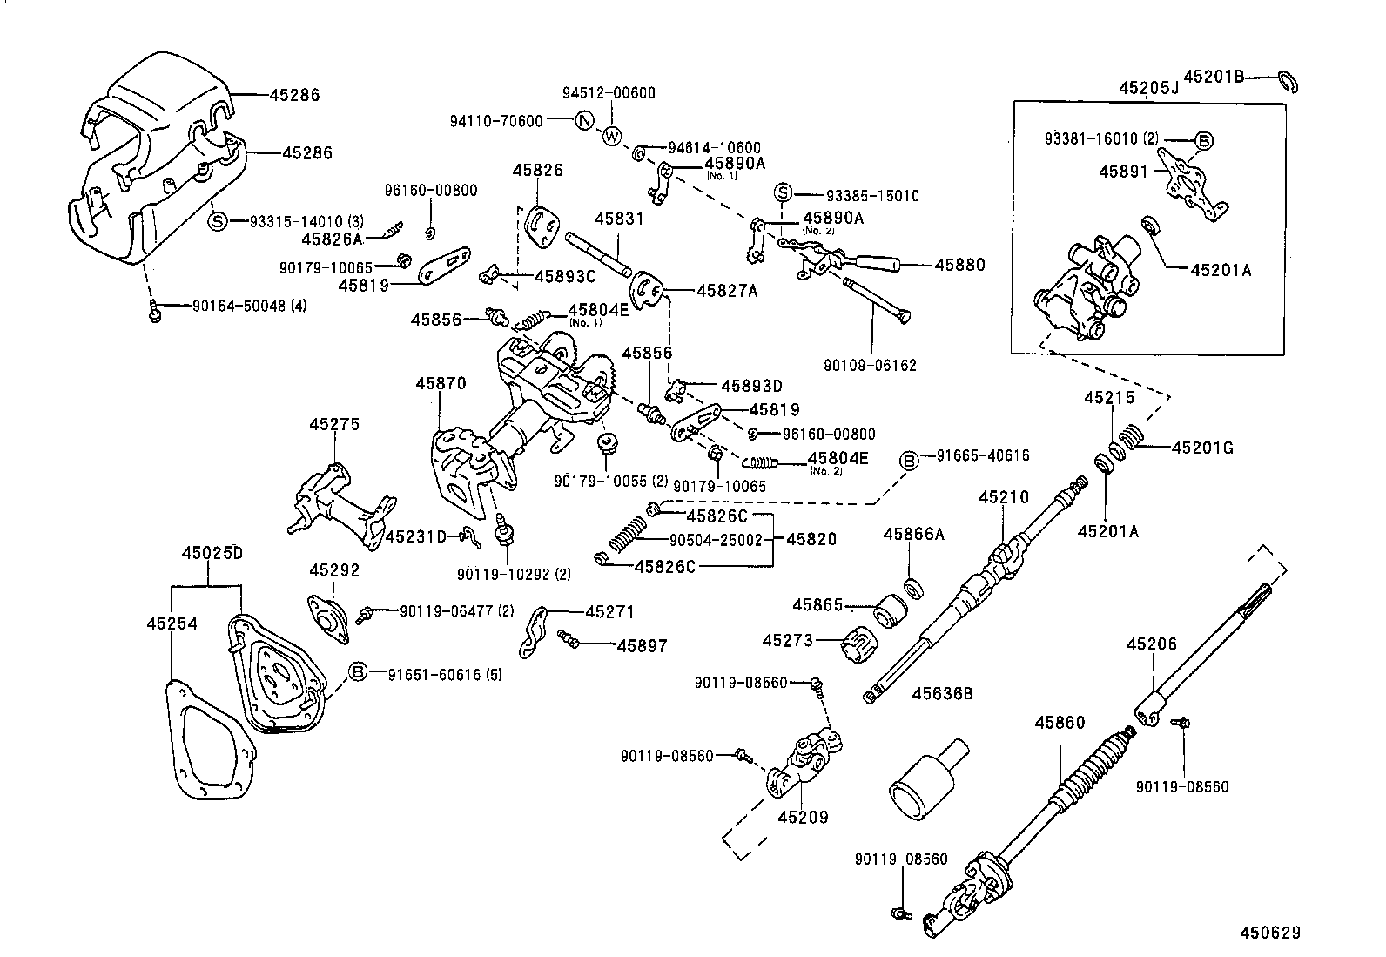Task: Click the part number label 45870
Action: coord(441,383)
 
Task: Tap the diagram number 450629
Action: coord(1270,933)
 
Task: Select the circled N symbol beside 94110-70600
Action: coord(584,122)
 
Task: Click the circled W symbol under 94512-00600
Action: coord(612,137)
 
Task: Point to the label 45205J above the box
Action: coord(1147,88)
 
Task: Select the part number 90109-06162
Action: coord(871,366)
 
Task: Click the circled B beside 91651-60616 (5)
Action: coord(358,672)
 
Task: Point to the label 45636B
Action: coord(941,693)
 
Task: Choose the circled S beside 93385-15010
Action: coord(783,195)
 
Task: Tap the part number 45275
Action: coord(334,424)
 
